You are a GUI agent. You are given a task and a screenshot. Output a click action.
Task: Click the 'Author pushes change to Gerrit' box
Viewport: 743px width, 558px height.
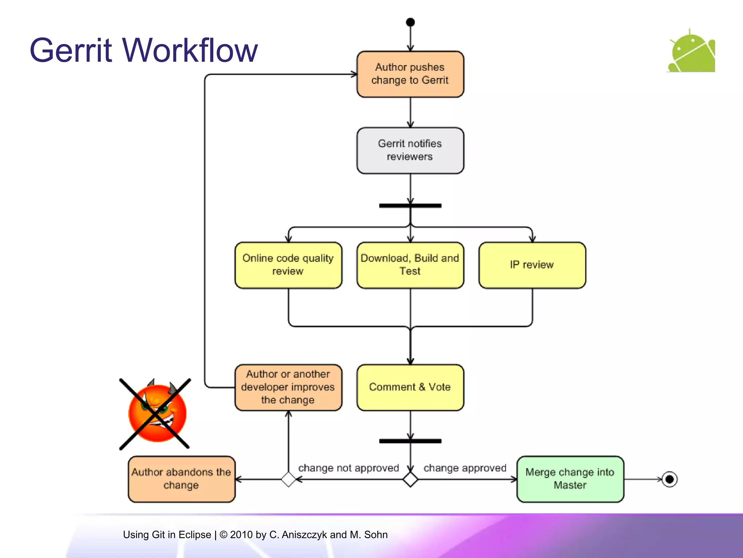point(410,74)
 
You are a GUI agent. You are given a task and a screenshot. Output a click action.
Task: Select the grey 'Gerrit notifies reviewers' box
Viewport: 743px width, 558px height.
point(410,150)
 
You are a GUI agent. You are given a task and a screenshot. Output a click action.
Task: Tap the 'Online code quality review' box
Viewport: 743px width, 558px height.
point(288,265)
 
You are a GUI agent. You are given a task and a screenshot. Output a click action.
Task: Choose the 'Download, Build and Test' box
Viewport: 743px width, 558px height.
point(410,265)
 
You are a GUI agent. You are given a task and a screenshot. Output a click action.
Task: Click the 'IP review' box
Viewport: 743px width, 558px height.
point(532,265)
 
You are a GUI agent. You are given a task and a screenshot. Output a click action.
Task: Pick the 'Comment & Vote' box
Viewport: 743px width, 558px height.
point(410,387)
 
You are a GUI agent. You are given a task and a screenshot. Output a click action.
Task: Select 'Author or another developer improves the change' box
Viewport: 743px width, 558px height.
point(288,387)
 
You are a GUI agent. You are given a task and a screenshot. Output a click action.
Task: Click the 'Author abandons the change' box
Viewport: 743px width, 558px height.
point(181,479)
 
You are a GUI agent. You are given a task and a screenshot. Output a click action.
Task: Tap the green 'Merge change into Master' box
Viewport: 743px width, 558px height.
point(570,479)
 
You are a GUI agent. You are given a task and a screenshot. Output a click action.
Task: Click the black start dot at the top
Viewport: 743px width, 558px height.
point(410,22)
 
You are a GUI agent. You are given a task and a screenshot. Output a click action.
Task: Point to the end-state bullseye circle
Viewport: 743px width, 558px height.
point(669,479)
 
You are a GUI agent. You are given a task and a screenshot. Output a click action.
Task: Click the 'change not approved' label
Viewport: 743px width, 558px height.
point(348,468)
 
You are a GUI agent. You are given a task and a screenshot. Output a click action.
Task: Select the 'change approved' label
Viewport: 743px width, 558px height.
point(465,468)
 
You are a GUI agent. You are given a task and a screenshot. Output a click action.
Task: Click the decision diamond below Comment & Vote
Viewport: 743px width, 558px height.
point(410,480)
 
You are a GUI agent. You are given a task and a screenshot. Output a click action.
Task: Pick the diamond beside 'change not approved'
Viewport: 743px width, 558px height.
point(288,480)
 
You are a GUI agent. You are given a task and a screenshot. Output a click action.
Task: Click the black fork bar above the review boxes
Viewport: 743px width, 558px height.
point(410,206)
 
